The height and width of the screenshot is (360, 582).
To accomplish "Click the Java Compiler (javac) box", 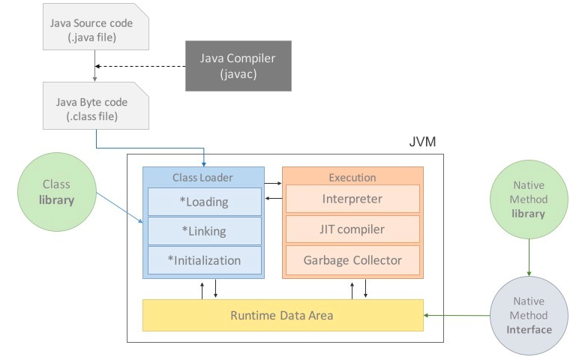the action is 238,66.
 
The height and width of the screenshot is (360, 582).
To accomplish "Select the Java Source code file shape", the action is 96,27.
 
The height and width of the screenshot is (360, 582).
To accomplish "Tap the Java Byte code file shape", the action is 96,106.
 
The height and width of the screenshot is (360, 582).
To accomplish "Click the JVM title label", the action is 422,142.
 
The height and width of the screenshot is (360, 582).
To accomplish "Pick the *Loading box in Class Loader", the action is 205,202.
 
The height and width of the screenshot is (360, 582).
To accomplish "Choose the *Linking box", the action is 205,231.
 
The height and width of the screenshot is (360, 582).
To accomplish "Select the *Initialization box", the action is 205,260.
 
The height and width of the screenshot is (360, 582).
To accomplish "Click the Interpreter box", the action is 352,199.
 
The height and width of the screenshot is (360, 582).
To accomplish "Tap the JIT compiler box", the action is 352,229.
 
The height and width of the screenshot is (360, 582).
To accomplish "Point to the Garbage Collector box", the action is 352,260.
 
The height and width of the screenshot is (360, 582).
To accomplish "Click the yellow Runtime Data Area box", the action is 283,315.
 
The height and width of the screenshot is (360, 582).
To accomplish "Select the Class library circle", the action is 57,192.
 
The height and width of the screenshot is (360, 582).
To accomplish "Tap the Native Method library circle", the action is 529,199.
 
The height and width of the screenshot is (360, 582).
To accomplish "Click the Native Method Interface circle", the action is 529,316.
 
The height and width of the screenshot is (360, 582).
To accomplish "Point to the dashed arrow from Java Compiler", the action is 140,67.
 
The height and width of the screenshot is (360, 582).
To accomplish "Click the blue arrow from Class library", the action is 119,208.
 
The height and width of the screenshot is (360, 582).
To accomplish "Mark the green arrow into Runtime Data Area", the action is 457,316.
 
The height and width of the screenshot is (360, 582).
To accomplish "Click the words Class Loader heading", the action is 202,178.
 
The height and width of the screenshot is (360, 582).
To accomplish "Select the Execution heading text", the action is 352,178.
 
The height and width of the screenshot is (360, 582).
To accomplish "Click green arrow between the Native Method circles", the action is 529,257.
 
